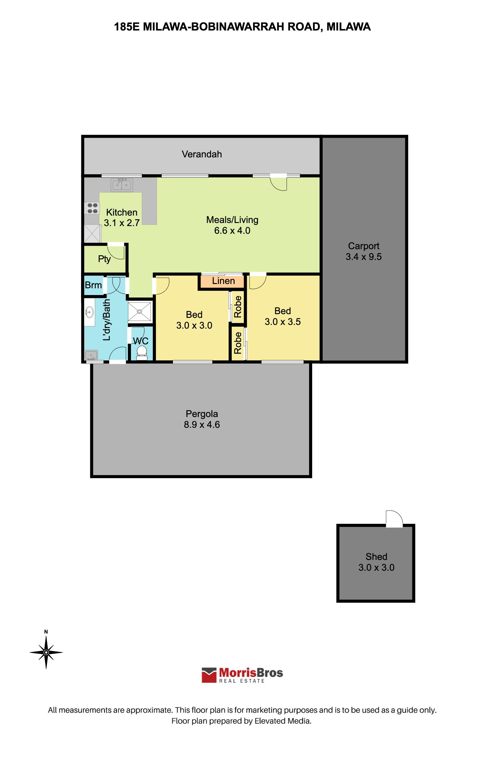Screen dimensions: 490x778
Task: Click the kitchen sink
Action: [122, 185]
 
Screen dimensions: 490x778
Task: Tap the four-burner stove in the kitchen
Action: [92, 208]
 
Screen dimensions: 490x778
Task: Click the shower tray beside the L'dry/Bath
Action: [139, 312]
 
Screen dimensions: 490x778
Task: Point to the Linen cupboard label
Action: [223, 281]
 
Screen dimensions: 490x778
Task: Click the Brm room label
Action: [93, 285]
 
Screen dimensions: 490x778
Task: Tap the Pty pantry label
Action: [104, 259]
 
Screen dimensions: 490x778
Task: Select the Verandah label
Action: [202, 154]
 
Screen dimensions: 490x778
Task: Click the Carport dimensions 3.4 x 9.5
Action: [364, 257]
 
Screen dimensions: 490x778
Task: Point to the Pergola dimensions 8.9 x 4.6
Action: [202, 424]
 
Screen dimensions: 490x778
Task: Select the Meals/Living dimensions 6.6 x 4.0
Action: [232, 231]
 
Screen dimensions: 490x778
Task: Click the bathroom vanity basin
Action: [90, 312]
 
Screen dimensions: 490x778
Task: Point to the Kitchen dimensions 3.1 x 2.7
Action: [121, 223]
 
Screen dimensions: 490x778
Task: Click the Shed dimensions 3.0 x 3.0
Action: [376, 567]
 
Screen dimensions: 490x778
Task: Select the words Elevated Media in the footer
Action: [282, 721]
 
